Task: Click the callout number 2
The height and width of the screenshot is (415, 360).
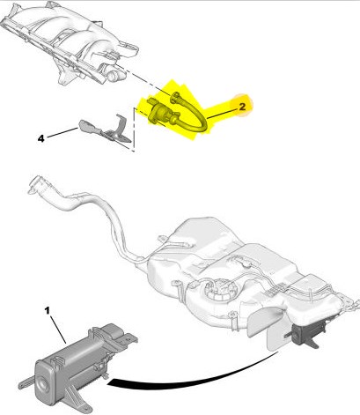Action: (x=242, y=107)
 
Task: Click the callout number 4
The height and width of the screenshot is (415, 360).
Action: (x=41, y=138)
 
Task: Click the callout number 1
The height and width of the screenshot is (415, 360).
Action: (x=48, y=310)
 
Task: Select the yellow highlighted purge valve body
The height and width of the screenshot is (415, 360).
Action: (x=159, y=113)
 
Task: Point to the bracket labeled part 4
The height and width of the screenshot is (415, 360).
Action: (x=105, y=130)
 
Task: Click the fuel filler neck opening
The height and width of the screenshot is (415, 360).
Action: (x=34, y=184)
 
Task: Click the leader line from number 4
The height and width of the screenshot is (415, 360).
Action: (x=62, y=132)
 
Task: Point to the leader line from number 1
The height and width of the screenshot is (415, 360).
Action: (x=58, y=329)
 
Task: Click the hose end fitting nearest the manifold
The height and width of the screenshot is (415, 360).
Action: (x=175, y=97)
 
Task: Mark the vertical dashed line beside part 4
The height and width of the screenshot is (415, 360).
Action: (x=134, y=130)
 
